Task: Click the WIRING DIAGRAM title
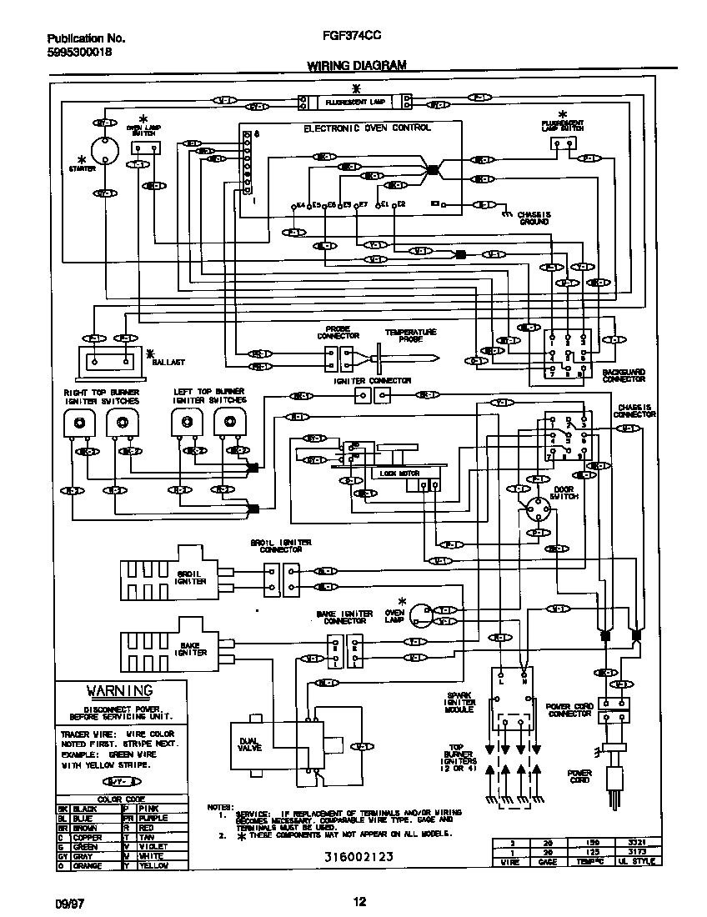(357, 64)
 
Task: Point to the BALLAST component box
(109, 361)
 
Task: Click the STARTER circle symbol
(105, 150)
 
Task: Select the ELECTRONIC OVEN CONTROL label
(367, 128)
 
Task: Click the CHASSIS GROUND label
(533, 218)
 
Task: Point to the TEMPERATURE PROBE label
(410, 336)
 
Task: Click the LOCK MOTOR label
(399, 473)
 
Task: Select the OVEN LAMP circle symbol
(423, 615)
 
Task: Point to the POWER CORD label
(579, 777)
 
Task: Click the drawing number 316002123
(359, 856)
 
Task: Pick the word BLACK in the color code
(86, 809)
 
